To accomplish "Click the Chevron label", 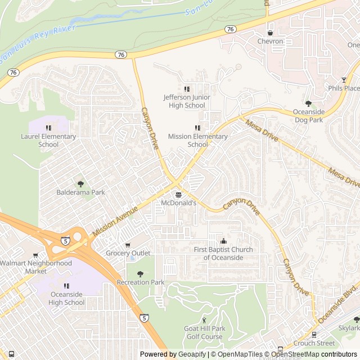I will tap(270, 41).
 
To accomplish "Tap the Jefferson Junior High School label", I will tap(187, 101).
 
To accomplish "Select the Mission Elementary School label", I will tap(197, 140).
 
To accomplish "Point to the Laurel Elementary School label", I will tap(48, 140).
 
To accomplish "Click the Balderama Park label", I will tap(80, 192).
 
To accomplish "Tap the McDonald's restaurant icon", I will tap(178, 195).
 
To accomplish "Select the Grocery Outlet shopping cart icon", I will tap(128, 245).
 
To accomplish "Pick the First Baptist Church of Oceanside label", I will tap(223, 253).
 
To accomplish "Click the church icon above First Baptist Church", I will tap(223, 241).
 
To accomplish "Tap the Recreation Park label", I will tap(141, 282).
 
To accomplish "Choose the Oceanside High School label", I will tap(67, 298).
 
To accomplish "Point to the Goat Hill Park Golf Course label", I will tap(204, 332).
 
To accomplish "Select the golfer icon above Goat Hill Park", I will tap(204, 320).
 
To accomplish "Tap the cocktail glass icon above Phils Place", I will tap(344, 80).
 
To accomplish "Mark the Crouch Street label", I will tap(314, 343).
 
